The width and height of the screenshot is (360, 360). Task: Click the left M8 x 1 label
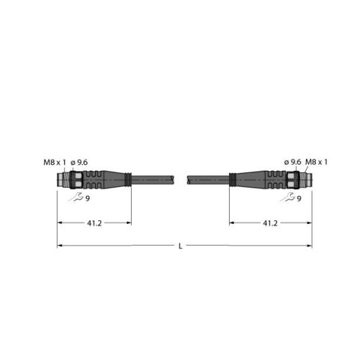(x=55, y=163)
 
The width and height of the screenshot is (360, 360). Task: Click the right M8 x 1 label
(x=316, y=162)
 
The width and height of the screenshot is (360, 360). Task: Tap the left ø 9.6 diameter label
(x=79, y=163)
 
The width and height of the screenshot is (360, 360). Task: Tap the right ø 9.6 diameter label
(x=292, y=162)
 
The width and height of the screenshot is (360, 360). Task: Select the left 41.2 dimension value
(x=94, y=223)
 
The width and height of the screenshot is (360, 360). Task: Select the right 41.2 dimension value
(x=270, y=223)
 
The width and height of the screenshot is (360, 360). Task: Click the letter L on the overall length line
(x=181, y=246)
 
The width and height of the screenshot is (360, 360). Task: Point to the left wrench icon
(x=76, y=197)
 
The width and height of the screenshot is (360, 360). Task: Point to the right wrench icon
(x=287, y=197)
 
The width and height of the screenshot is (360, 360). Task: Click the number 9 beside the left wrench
(x=88, y=199)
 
